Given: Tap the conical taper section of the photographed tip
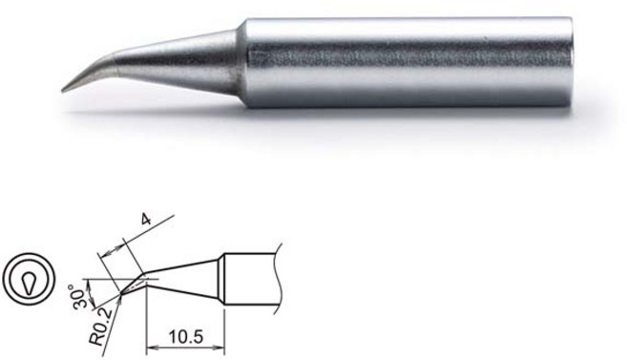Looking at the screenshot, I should pos(181,56).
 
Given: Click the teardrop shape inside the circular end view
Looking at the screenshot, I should pos(23,283).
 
